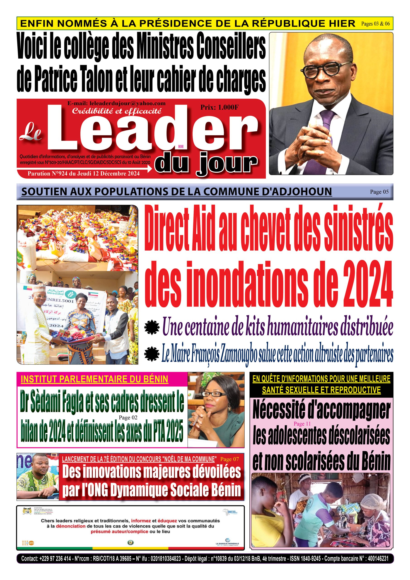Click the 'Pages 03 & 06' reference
coord(375,24)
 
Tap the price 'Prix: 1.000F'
coord(219,107)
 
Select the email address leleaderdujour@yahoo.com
coord(116,103)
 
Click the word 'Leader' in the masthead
coord(152,129)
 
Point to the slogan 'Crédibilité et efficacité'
coord(116,111)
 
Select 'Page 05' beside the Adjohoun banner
coord(379,192)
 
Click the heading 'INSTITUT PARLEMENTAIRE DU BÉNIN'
coord(94,379)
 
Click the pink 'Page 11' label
coord(302,424)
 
